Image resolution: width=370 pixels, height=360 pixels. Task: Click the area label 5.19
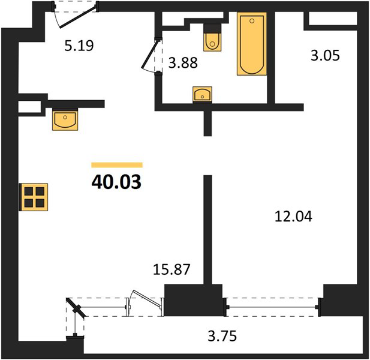79,46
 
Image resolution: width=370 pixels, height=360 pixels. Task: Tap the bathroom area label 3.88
183,63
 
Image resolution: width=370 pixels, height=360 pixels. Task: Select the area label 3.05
325,55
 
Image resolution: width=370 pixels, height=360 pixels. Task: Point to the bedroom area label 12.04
293,217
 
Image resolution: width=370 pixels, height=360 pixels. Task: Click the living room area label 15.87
172,269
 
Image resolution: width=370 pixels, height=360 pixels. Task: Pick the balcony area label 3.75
222,336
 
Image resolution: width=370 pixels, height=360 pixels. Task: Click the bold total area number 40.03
116,182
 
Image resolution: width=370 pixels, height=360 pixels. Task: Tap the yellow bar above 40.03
117,165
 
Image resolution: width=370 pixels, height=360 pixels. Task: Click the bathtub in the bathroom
252,44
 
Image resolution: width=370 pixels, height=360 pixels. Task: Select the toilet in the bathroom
212,37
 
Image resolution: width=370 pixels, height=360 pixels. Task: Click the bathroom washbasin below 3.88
202,94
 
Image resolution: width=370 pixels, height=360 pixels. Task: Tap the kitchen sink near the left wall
65,120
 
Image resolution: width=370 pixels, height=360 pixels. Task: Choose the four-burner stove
34,197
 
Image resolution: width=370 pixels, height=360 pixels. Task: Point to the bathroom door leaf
150,54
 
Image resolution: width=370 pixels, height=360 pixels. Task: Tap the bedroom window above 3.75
272,307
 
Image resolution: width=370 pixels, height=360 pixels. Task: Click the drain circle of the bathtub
252,21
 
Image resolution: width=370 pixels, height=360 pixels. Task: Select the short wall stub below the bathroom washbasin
207,123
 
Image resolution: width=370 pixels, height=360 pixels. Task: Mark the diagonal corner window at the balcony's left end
76,308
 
